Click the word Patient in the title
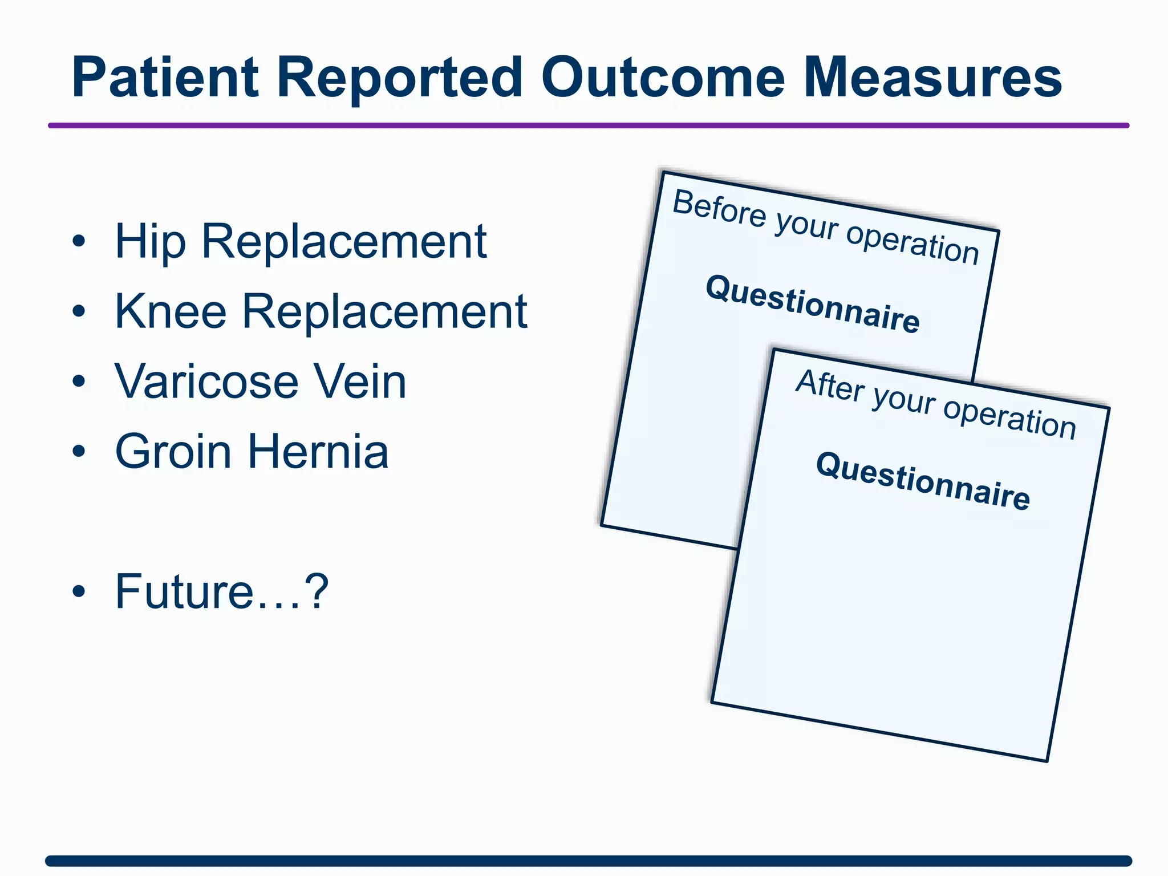pos(165,78)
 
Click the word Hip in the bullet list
pos(150,242)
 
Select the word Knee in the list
pos(171,311)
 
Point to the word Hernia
pos(318,452)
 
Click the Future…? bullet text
pos(221,591)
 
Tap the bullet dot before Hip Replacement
pos(79,242)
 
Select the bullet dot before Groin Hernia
pos(79,452)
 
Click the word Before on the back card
pos(719,209)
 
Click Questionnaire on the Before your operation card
pos(813,303)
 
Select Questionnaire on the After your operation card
pos(923,480)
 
